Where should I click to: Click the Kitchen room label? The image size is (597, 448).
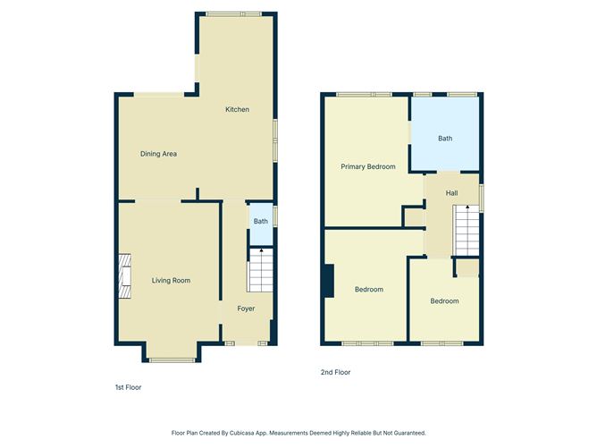(237, 109)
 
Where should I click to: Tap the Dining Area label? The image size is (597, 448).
(158, 154)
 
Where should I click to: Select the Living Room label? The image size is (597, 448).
(170, 281)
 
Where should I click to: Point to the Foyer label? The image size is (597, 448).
(246, 309)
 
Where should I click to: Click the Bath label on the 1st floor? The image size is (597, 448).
(260, 222)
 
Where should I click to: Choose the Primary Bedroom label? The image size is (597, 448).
(367, 166)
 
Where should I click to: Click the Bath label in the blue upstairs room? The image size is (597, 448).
(444, 139)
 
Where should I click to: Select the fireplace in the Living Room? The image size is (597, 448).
(125, 276)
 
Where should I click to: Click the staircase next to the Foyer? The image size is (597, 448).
(260, 270)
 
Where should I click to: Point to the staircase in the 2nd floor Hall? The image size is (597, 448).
(467, 230)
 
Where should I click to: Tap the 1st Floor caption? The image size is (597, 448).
(128, 387)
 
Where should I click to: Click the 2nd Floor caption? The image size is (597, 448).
(335, 372)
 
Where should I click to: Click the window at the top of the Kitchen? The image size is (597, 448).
(233, 13)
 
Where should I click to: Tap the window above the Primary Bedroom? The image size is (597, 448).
(364, 94)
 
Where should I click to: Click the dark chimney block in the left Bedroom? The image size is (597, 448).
(329, 281)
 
